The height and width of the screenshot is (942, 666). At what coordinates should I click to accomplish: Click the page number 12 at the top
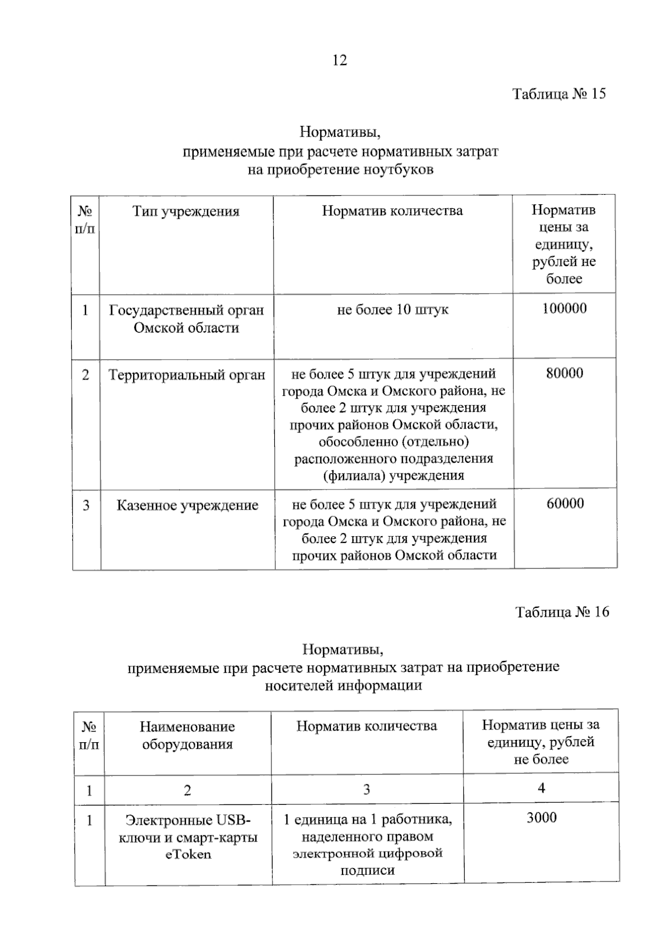340,60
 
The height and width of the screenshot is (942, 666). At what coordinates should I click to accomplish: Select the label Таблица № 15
558,93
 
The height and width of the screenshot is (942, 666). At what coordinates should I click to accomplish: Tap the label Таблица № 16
562,612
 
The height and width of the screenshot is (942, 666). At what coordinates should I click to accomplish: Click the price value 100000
564,309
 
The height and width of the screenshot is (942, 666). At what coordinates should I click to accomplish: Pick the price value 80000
564,373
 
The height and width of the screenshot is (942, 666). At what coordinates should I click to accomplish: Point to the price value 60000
565,503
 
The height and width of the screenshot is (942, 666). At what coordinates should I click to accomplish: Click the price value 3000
541,817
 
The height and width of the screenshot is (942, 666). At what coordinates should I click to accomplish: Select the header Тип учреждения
186,211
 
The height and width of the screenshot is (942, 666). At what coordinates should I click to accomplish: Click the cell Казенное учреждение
187,505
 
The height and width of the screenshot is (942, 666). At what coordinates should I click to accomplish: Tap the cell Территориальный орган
187,375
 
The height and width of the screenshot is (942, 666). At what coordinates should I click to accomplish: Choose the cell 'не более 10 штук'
392,309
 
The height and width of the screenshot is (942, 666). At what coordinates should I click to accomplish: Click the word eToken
188,854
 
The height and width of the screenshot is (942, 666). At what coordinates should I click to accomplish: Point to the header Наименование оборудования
187,735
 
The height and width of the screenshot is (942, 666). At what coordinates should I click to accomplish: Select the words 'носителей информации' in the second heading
343,685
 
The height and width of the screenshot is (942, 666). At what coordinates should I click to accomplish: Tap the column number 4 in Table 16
541,788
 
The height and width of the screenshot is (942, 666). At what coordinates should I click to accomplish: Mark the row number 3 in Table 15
86,505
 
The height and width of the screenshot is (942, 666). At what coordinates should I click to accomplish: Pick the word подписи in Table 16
367,870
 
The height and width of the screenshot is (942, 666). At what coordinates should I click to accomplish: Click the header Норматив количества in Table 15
392,211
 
